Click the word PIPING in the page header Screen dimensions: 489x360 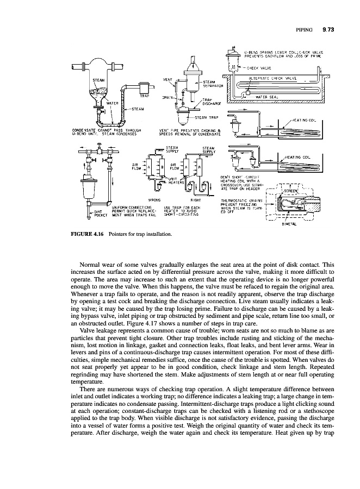tap(305, 29)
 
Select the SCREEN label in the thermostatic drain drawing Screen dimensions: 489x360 tap(291, 191)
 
